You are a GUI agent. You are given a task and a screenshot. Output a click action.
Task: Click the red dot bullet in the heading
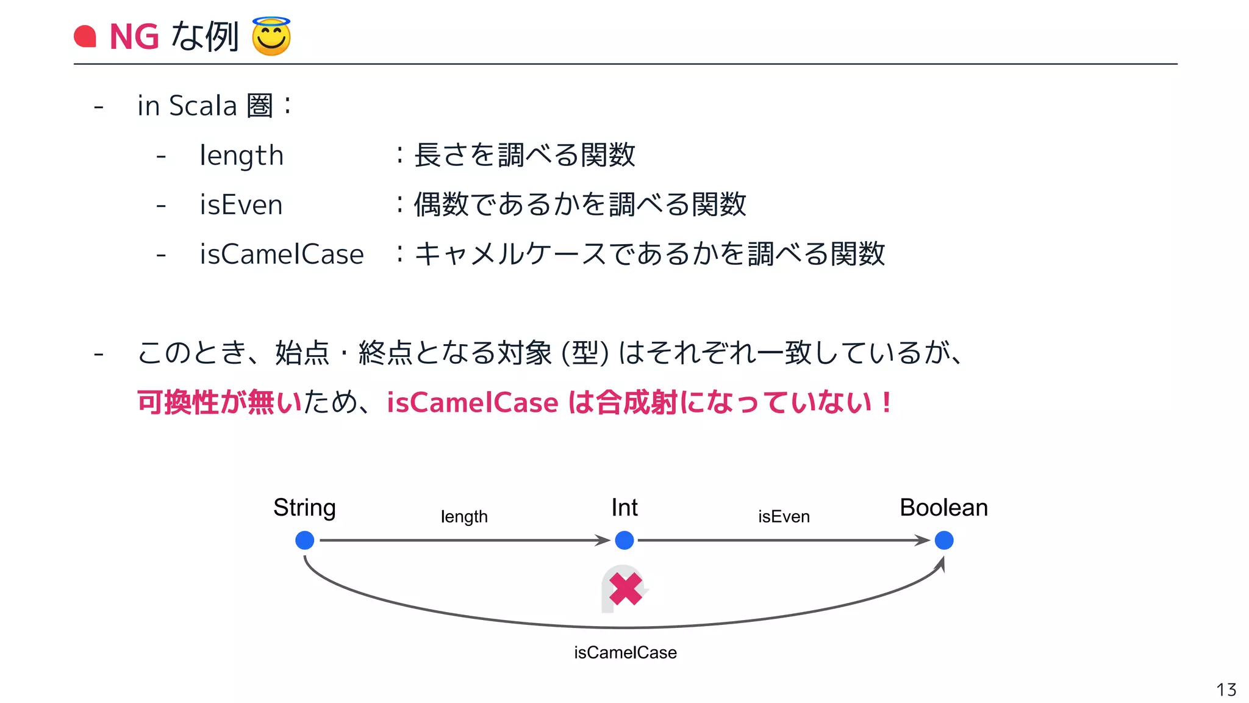click(x=85, y=37)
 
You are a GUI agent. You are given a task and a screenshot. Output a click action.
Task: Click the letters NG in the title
click(x=134, y=37)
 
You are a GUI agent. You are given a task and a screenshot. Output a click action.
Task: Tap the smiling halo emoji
click(x=271, y=37)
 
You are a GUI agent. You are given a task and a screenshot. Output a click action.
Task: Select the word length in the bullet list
click(x=242, y=156)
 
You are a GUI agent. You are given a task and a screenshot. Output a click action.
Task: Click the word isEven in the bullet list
click(x=242, y=204)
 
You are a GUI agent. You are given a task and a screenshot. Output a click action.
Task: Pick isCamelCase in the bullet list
click(x=282, y=254)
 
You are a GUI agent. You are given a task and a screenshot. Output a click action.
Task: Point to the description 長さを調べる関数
click(x=524, y=155)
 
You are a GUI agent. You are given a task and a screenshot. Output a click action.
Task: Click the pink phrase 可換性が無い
click(x=220, y=402)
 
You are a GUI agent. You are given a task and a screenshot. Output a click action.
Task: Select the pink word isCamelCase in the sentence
click(x=473, y=403)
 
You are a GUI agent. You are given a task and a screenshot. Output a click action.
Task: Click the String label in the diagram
click(x=304, y=508)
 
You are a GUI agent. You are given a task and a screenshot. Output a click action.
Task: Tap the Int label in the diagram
click(x=624, y=508)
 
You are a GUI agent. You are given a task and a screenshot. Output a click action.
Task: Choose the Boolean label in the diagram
click(x=943, y=508)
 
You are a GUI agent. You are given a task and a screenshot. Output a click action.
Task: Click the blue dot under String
click(x=304, y=540)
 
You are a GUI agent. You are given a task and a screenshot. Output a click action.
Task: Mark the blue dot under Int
click(x=624, y=540)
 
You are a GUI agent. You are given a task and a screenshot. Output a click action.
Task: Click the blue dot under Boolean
click(x=944, y=540)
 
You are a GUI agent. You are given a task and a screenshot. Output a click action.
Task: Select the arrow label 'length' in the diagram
click(x=464, y=517)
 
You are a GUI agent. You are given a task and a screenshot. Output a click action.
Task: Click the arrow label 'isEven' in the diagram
click(x=784, y=517)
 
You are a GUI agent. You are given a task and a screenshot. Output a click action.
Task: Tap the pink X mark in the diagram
click(x=625, y=589)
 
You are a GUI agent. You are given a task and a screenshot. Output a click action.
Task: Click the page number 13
click(x=1226, y=690)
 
